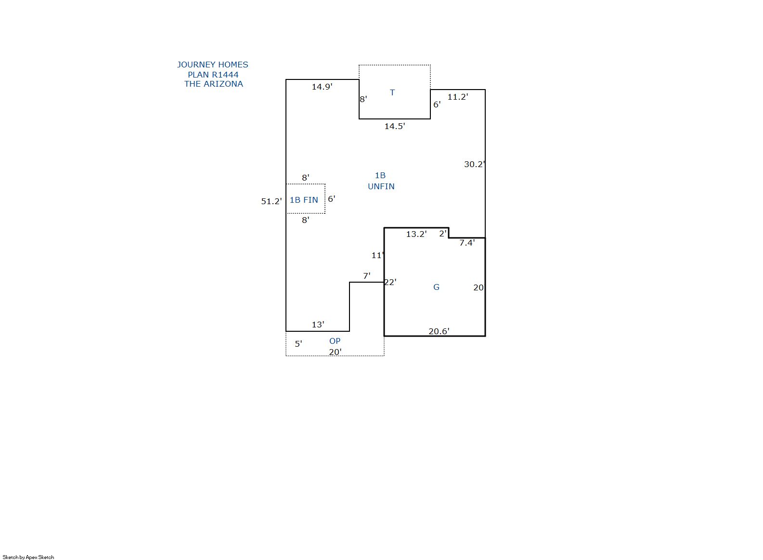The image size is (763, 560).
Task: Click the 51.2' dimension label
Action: click(x=272, y=201)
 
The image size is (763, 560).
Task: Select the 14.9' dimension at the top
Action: click(x=322, y=87)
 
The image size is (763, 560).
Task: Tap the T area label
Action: click(x=392, y=92)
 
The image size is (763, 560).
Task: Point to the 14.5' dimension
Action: click(x=395, y=126)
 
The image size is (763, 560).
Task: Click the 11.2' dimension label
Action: click(x=458, y=97)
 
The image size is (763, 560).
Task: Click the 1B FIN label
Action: click(x=304, y=200)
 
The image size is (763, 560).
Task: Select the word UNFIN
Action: click(x=381, y=186)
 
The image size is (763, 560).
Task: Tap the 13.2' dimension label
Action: click(x=416, y=234)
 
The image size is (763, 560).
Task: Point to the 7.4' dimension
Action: click(x=467, y=243)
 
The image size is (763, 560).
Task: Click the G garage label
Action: click(x=436, y=287)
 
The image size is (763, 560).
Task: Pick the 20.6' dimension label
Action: click(x=439, y=331)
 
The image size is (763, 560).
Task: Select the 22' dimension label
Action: click(x=390, y=282)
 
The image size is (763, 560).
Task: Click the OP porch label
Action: click(x=335, y=341)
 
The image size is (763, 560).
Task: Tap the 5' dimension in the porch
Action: click(x=298, y=344)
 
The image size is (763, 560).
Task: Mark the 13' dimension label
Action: click(x=318, y=325)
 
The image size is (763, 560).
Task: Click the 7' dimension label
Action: click(x=366, y=276)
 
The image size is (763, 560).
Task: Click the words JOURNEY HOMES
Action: click(x=213, y=65)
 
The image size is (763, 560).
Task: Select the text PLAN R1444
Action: click(x=213, y=75)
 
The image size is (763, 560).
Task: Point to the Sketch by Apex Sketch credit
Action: click(x=28, y=557)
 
